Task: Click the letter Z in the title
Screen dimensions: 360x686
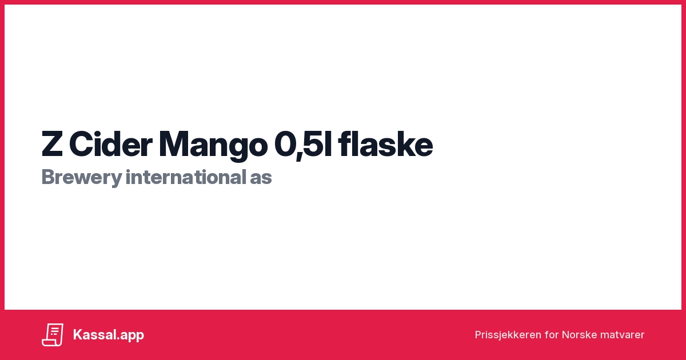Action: [x=51, y=145]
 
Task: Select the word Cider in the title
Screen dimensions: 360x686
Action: [x=111, y=145]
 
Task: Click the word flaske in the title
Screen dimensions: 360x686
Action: [x=385, y=145]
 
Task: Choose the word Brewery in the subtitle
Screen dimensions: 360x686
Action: [x=81, y=178]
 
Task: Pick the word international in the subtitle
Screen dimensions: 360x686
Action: [x=185, y=177]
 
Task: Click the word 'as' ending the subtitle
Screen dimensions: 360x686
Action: [x=261, y=178]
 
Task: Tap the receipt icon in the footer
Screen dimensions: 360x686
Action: [x=53, y=335]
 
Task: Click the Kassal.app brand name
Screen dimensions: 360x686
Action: [x=109, y=335]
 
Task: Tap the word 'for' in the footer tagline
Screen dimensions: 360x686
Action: [x=552, y=335]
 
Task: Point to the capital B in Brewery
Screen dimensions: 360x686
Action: [x=47, y=178]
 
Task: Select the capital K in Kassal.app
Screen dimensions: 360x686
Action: [x=78, y=335]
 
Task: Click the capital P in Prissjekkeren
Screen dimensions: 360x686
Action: [x=478, y=335]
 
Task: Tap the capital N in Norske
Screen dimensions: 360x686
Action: [x=565, y=335]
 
